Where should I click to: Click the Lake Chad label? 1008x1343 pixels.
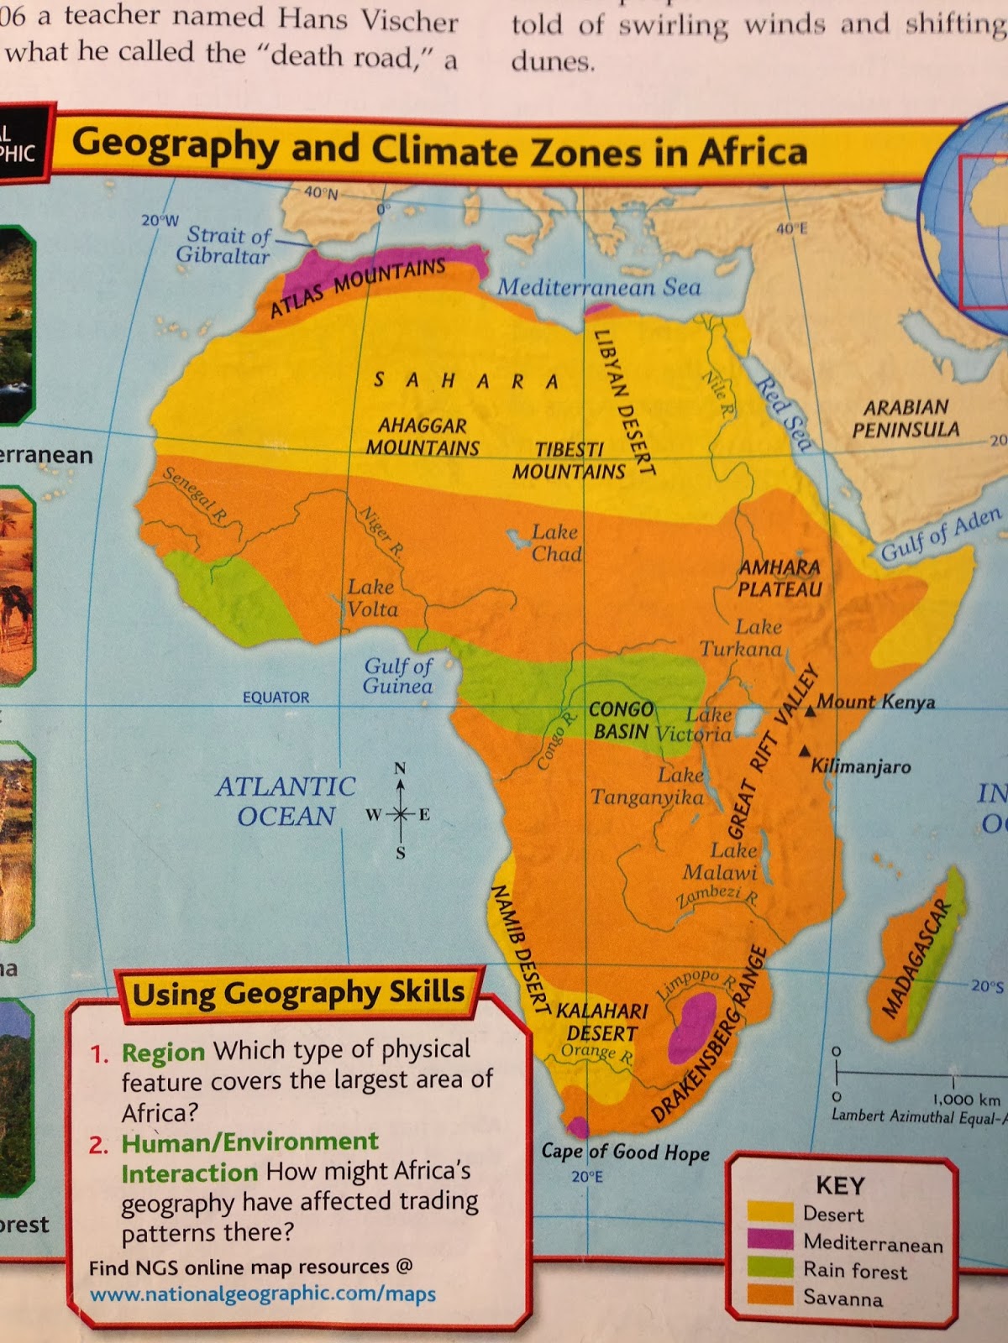(556, 543)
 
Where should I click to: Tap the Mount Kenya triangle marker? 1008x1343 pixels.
(809, 711)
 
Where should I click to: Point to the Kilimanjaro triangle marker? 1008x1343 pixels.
(806, 750)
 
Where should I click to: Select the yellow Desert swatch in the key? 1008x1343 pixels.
(769, 1213)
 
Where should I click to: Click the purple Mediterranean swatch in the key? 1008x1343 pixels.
(769, 1241)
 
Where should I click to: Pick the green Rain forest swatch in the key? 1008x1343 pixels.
(769, 1268)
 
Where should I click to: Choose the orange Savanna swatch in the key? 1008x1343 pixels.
(769, 1296)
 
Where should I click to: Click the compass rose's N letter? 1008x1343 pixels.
(400, 769)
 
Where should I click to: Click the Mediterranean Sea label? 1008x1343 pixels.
(599, 287)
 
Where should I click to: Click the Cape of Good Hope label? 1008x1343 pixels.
(625, 1152)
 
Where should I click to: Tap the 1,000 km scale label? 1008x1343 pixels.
(966, 1100)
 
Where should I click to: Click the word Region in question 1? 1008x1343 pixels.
(163, 1052)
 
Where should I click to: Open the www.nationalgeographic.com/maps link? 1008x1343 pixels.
(262, 1294)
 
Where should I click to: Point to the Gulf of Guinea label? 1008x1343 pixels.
(398, 676)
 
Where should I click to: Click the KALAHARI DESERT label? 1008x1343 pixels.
(602, 1022)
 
